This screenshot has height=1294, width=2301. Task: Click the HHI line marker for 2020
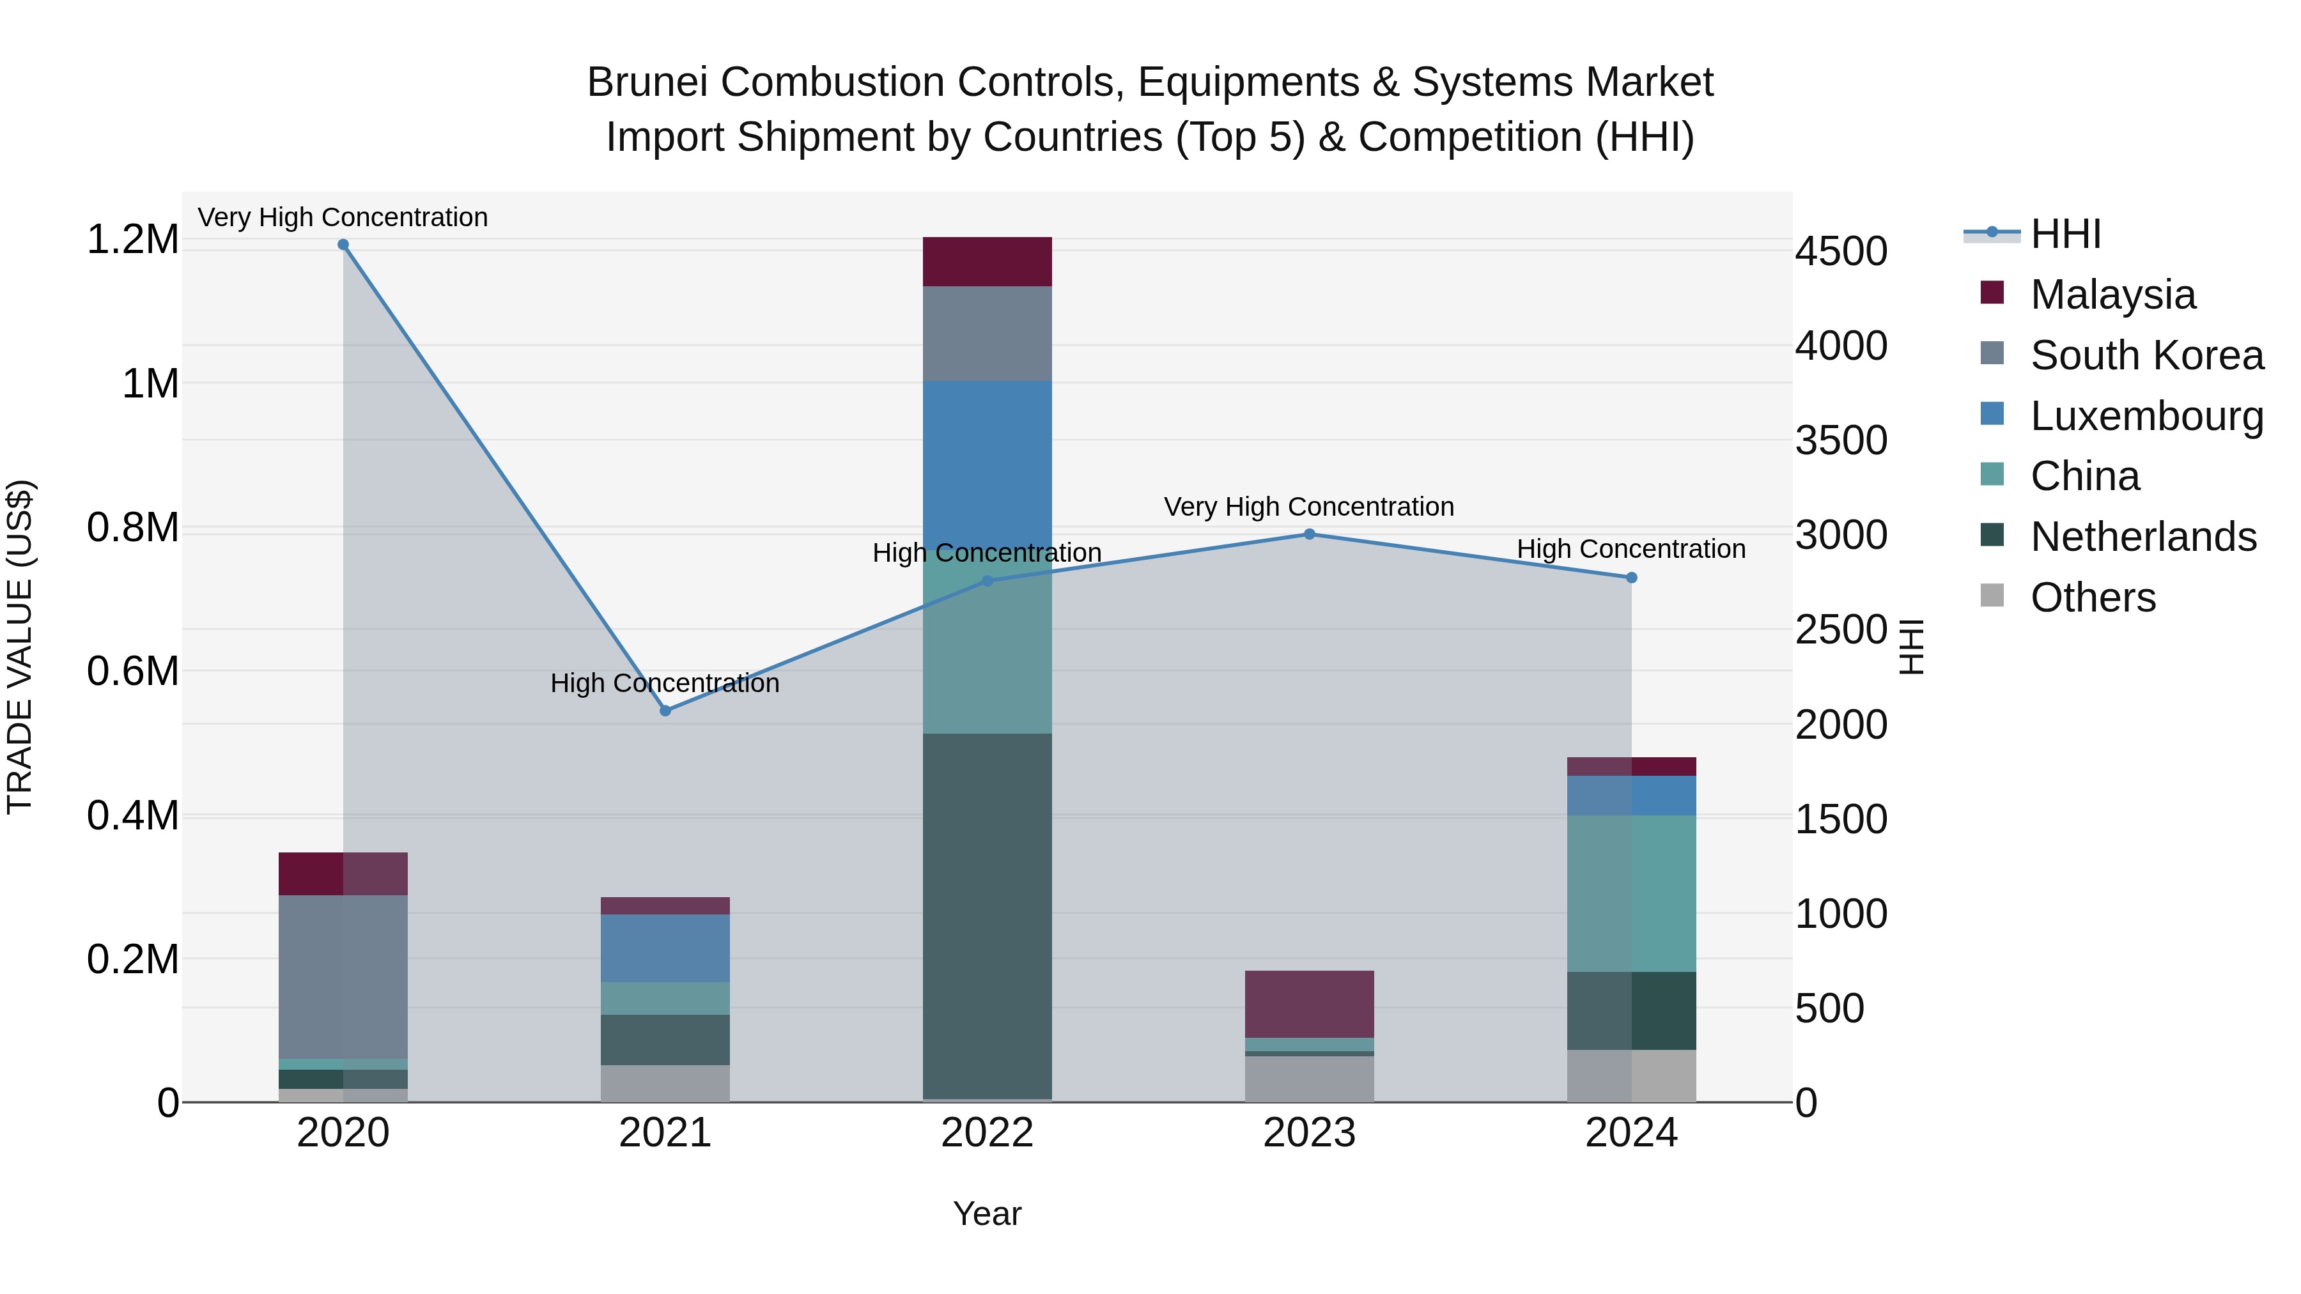(x=343, y=245)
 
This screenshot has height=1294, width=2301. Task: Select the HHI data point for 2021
(x=665, y=711)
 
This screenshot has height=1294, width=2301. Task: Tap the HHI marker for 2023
(x=1310, y=534)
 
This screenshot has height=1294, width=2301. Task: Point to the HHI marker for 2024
(x=1631, y=578)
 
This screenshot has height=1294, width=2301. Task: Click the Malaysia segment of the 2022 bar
(x=987, y=261)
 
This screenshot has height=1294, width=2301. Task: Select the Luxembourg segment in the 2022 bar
(x=987, y=465)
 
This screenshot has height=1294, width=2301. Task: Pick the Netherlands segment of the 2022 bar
(x=987, y=915)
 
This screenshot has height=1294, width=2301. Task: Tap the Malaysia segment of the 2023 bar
(x=1310, y=1004)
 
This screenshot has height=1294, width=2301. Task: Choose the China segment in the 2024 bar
(x=1631, y=893)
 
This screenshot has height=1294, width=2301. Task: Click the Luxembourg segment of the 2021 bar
(x=665, y=948)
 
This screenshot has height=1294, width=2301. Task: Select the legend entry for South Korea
(x=2146, y=355)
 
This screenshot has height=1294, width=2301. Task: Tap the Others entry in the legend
(x=2091, y=597)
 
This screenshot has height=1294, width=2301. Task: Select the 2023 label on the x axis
(x=1310, y=1133)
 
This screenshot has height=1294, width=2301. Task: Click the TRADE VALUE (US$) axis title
(x=20, y=647)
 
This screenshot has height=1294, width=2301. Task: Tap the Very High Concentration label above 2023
(x=1308, y=506)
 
